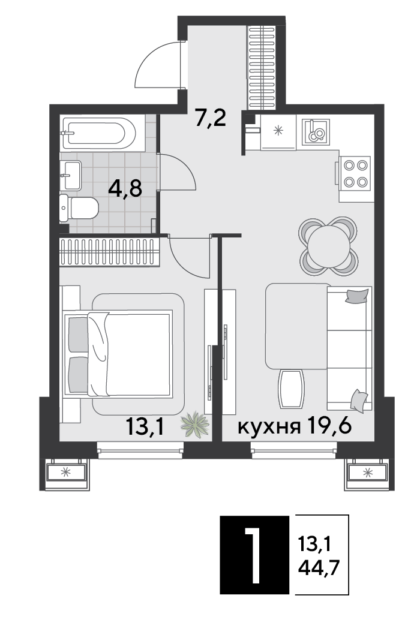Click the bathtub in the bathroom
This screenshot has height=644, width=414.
(98, 134)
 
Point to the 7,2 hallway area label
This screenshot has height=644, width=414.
(211, 118)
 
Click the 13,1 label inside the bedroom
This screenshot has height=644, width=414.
(145, 427)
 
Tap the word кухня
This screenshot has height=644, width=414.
(269, 428)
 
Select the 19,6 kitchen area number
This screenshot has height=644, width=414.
(328, 426)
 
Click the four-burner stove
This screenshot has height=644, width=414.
(355, 173)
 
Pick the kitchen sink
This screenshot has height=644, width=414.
(316, 132)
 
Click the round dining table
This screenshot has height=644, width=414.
(328, 246)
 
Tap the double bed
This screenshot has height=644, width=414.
(118, 354)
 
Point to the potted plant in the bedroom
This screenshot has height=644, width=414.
(195, 425)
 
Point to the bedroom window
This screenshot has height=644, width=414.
(140, 450)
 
